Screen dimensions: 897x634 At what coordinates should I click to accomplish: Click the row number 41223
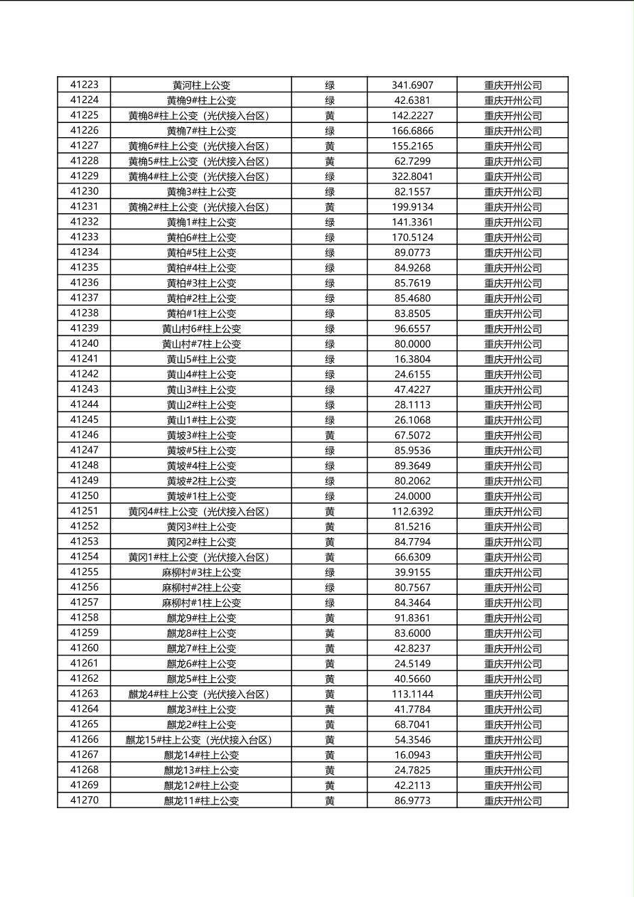tap(84, 85)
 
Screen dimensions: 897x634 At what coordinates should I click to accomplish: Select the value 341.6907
tap(412, 85)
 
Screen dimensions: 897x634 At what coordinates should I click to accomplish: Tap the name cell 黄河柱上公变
tap(201, 85)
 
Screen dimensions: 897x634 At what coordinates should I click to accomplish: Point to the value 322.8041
tap(412, 176)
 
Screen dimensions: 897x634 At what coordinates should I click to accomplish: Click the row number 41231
tap(84, 207)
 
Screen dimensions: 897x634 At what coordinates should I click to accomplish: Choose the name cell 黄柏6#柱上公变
tap(201, 237)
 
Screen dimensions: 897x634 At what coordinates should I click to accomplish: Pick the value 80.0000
tap(412, 344)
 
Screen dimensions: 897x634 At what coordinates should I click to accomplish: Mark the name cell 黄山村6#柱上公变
tap(201, 328)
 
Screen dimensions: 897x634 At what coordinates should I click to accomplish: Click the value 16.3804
tap(412, 359)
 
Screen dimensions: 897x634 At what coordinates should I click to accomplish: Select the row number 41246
tap(84, 435)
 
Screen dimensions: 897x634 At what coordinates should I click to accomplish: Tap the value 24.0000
tap(412, 496)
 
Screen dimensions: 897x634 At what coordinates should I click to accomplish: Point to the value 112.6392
tap(412, 511)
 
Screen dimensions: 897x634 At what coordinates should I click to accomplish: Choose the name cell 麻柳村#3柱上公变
tap(201, 572)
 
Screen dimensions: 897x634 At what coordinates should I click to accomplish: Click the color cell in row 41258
tap(330, 618)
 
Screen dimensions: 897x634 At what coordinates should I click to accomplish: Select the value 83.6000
tap(412, 633)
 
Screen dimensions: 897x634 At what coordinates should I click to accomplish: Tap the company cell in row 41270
tap(512, 800)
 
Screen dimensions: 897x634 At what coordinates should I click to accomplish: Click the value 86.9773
tap(412, 800)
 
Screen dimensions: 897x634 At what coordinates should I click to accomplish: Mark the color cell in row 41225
tap(330, 115)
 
